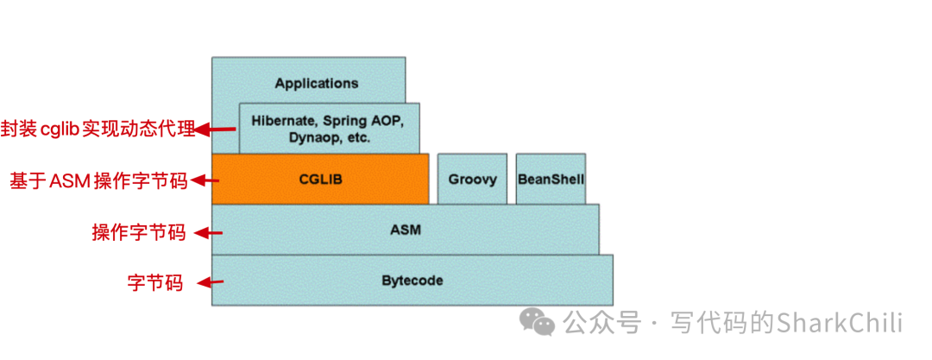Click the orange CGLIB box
(319, 179)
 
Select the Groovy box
(472, 179)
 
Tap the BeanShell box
(551, 179)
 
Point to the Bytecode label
(412, 281)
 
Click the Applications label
(316, 84)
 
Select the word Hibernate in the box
(281, 120)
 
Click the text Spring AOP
(363, 120)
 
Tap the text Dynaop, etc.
(328, 137)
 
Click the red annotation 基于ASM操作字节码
(98, 181)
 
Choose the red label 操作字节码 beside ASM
(138, 232)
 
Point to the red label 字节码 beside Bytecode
(155, 282)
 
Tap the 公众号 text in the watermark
(601, 323)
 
